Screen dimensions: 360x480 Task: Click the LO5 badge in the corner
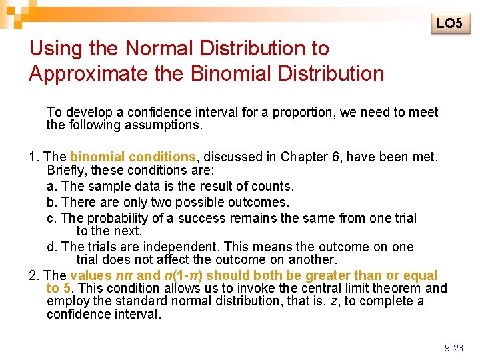(x=449, y=23)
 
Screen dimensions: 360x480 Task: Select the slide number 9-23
(x=453, y=347)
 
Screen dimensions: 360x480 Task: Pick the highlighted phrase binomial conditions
(x=132, y=157)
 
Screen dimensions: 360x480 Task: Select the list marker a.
(x=51, y=186)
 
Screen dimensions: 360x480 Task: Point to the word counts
(x=273, y=186)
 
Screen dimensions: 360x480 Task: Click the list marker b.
(x=51, y=202)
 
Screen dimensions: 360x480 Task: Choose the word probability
(x=117, y=218)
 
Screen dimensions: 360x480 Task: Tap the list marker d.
(x=51, y=247)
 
